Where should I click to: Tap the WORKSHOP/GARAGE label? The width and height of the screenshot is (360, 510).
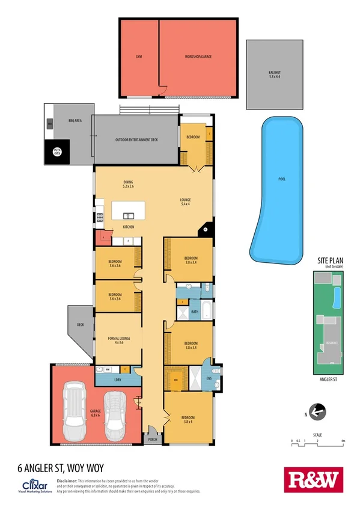(198, 57)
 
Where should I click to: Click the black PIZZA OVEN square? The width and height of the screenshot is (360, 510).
(58, 152)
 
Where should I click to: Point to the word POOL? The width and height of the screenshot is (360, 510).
(282, 179)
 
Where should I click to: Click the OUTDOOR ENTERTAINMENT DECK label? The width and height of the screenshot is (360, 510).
(136, 140)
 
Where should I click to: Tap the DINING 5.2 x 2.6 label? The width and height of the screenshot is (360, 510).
(128, 184)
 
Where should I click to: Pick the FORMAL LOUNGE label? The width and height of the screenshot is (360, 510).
(119, 340)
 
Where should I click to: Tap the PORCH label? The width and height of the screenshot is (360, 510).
(152, 440)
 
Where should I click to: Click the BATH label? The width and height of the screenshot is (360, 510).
(195, 312)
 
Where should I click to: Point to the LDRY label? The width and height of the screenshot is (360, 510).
(117, 380)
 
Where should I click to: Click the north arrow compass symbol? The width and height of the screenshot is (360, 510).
(318, 411)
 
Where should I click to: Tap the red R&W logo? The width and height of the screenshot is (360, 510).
(312, 480)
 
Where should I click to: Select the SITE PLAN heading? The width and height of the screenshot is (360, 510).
(330, 261)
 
